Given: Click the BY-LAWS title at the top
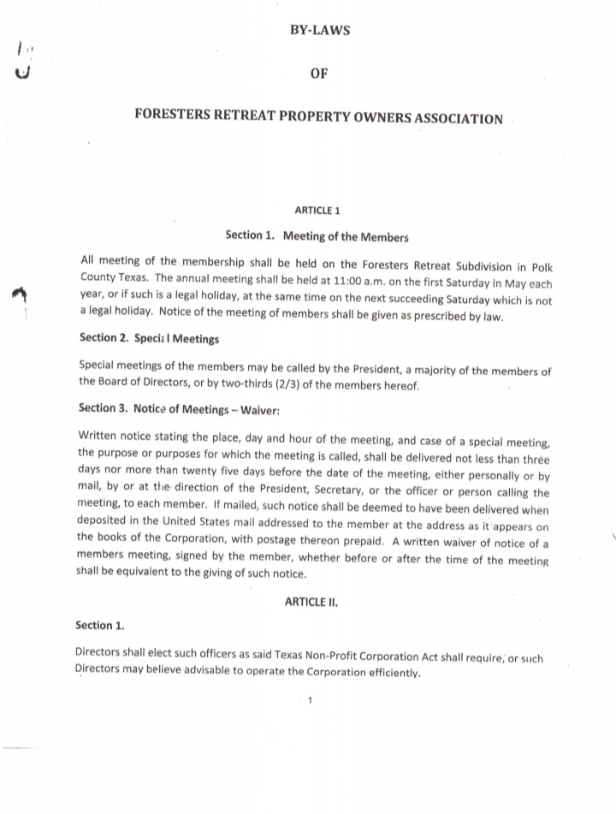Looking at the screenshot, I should pyautogui.click(x=320, y=31).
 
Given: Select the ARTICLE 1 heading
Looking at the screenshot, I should pyautogui.click(x=317, y=210).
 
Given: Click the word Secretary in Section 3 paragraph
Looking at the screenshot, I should pyautogui.click(x=364, y=493).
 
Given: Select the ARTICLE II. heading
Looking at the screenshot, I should pyautogui.click(x=311, y=602).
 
